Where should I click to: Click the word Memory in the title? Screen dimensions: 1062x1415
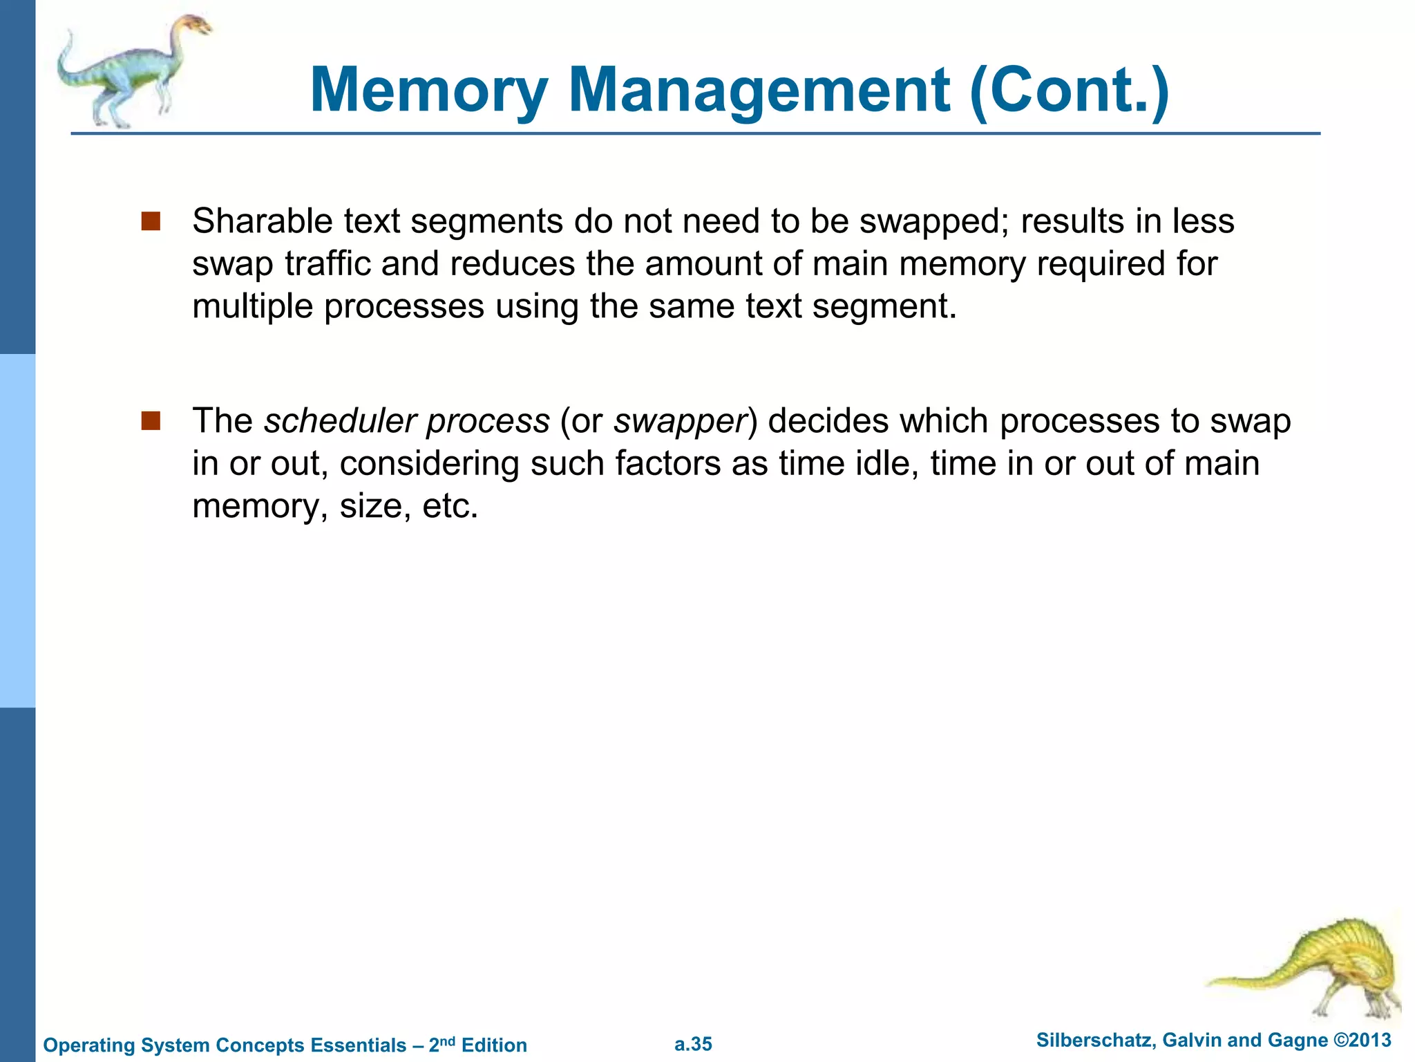pos(429,91)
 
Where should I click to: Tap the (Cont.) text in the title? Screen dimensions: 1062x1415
pos(1069,91)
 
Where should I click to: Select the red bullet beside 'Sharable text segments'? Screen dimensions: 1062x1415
pos(151,221)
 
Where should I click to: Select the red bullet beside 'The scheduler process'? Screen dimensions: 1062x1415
pos(151,420)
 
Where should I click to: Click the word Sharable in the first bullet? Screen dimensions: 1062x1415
pos(262,221)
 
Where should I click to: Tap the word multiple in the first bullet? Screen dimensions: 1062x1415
pos(252,306)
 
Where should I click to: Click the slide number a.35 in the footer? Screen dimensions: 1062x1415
pos(693,1044)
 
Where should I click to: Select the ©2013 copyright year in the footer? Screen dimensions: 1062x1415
pos(1362,1040)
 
